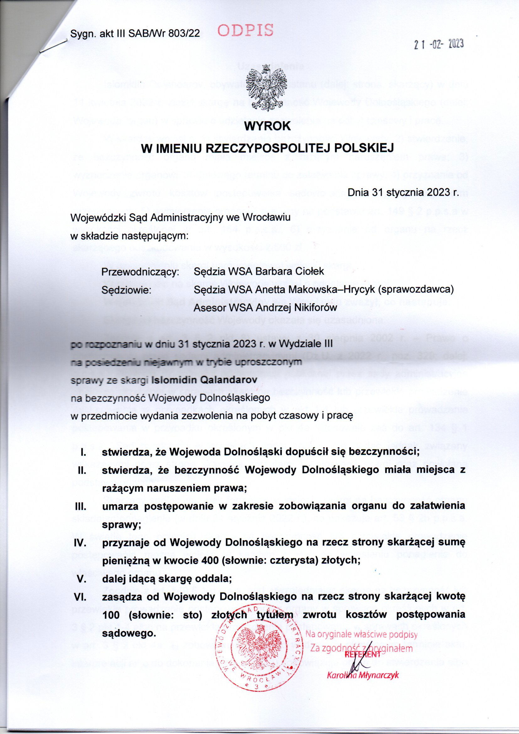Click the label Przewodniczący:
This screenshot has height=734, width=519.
tap(140, 272)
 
